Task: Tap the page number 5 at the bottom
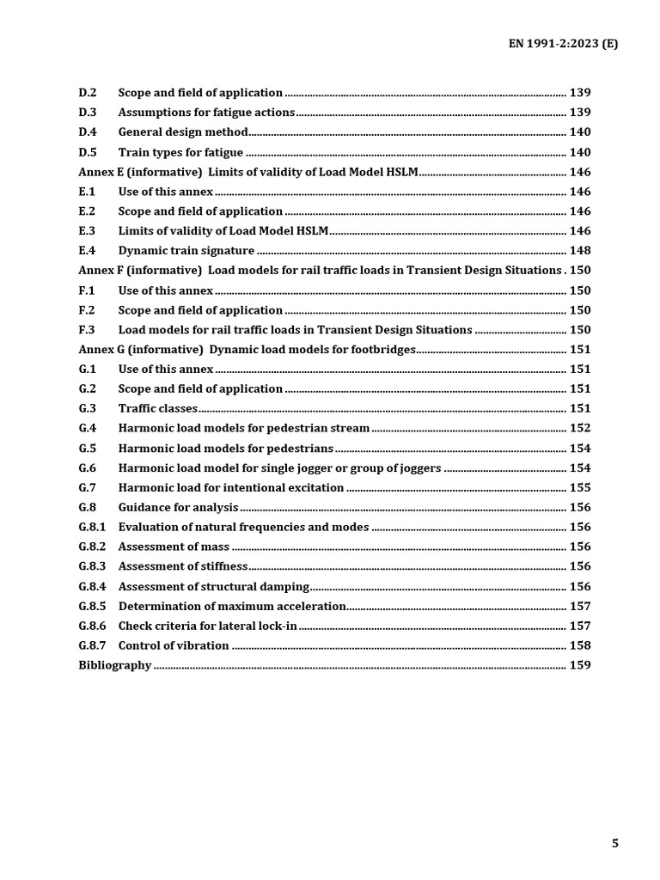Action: (x=614, y=843)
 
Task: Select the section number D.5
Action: (x=88, y=152)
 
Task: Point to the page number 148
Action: (x=580, y=251)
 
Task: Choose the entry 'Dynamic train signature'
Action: (x=186, y=251)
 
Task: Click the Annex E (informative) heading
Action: (x=247, y=172)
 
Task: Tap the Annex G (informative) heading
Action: (x=247, y=350)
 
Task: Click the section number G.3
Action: (x=88, y=408)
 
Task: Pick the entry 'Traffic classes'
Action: (x=158, y=408)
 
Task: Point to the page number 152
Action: (x=580, y=428)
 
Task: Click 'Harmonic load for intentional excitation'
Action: (x=231, y=487)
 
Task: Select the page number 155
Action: (x=580, y=487)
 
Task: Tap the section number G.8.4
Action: (x=92, y=586)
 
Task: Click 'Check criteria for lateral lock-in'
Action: (x=208, y=626)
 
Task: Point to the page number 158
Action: (x=580, y=645)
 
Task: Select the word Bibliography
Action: (x=115, y=665)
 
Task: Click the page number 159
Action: (x=580, y=665)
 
